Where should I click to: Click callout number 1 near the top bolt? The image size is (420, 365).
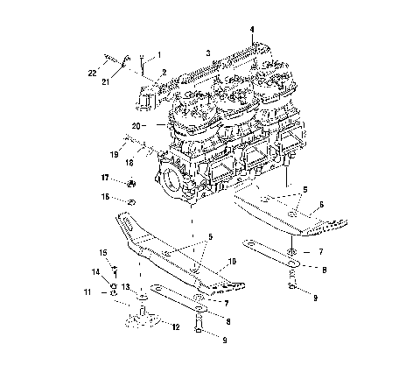point(159,54)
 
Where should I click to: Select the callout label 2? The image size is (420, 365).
point(164,72)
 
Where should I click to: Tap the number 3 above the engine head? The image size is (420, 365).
point(208,53)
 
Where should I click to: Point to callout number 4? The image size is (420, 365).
point(253,29)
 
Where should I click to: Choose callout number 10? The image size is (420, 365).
point(232,261)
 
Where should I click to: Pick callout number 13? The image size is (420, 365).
point(125,286)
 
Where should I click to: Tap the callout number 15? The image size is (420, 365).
point(102,253)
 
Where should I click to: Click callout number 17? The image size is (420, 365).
point(104,178)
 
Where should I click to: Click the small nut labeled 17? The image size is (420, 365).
point(130,183)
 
